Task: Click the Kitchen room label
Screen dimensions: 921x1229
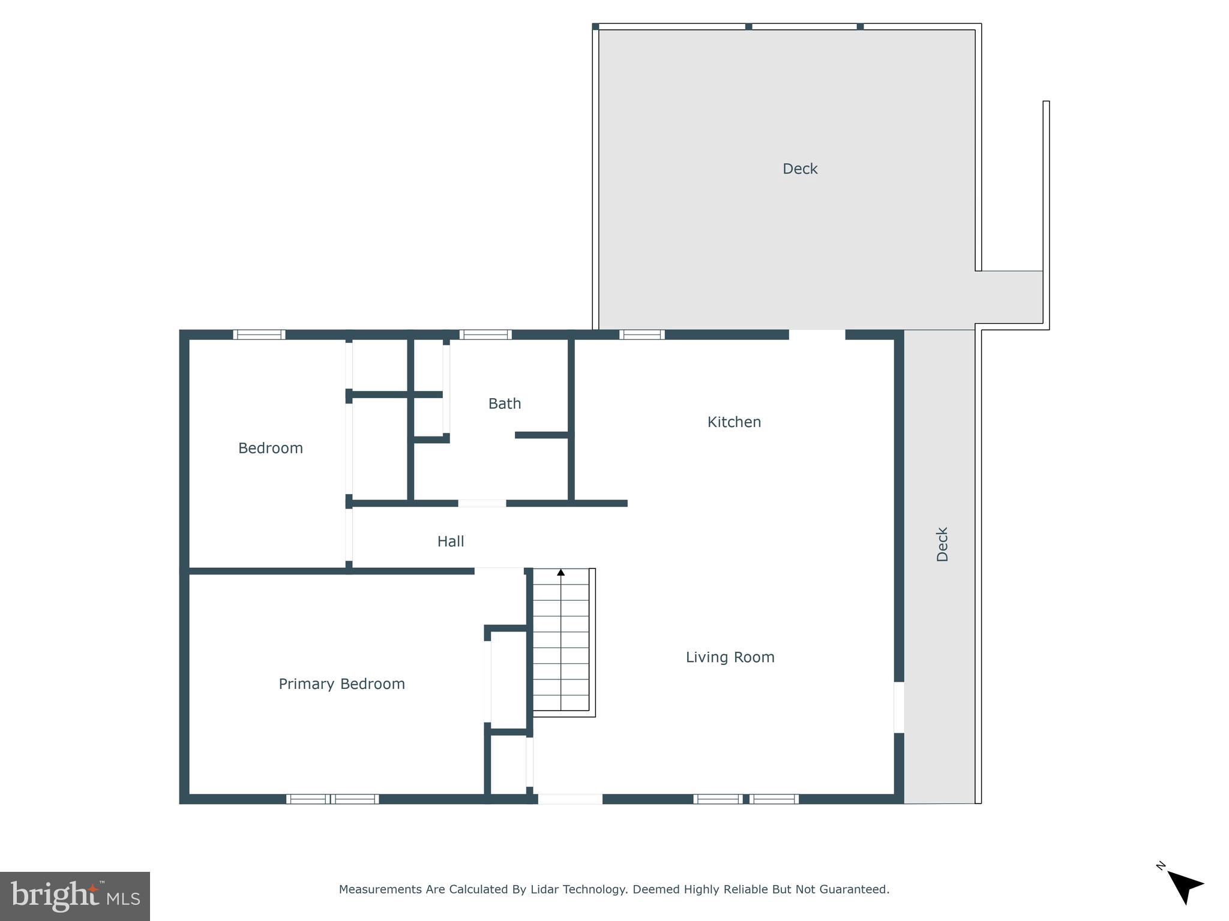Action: tap(734, 422)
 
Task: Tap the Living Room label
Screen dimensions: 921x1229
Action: tap(730, 657)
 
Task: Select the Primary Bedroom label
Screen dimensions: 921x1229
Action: tap(341, 684)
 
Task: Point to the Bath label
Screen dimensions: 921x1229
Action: tap(504, 404)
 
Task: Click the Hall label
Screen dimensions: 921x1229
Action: tap(450, 541)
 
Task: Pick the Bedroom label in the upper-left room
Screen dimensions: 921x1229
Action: tap(270, 448)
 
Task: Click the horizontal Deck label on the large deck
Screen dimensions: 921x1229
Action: tap(799, 169)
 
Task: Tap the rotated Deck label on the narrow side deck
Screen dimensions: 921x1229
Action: tap(942, 544)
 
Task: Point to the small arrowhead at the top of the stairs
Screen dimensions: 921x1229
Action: tap(561, 573)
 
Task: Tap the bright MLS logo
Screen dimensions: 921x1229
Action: tap(75, 896)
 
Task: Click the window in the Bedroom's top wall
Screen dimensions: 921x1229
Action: tap(259, 335)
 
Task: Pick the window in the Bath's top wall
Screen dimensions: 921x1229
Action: tap(485, 335)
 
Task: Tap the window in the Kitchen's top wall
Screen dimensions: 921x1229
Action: tap(642, 335)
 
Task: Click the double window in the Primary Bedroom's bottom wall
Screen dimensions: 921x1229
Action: tap(332, 799)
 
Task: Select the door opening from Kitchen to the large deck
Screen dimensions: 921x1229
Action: tap(817, 335)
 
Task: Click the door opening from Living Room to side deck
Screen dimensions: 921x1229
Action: tap(899, 707)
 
